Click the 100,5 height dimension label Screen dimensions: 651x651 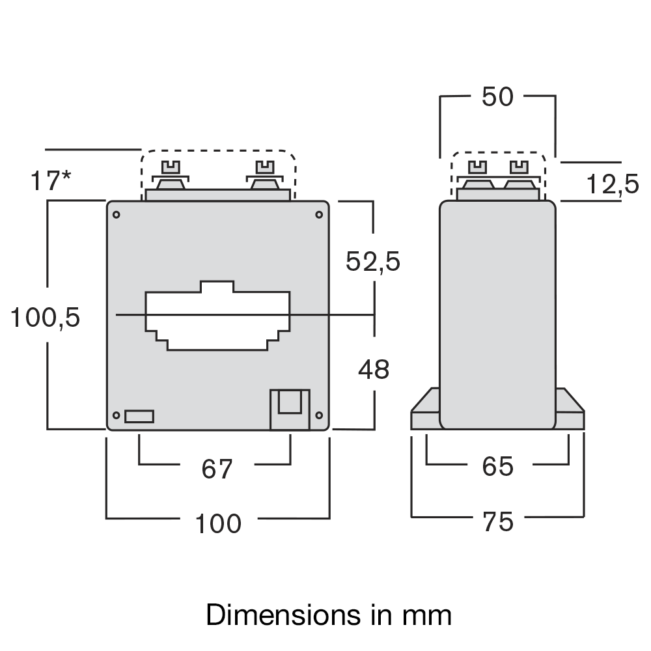point(45,318)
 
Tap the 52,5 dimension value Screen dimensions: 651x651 point(372,262)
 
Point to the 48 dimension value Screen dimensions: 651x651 point(374,370)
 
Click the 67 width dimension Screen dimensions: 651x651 point(217,469)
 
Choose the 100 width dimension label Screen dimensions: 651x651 point(219,523)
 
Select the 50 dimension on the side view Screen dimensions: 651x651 point(498,97)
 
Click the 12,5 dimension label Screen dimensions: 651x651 point(613,185)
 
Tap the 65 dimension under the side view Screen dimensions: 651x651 point(498,466)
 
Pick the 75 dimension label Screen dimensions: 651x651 point(498,521)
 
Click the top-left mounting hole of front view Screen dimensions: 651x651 point(117,215)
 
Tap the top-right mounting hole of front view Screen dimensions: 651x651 point(319,215)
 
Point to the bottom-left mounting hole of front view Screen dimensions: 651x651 point(117,415)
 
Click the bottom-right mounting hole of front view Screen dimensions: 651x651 point(319,415)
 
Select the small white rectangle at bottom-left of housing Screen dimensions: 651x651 point(139,416)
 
